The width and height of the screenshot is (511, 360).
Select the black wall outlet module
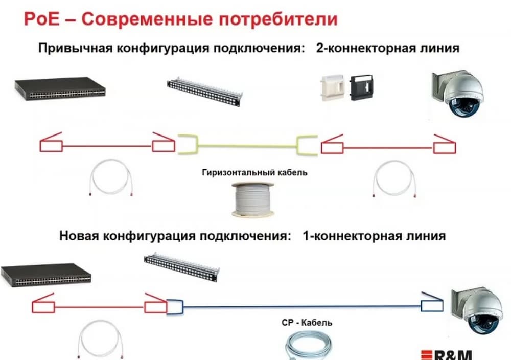(x=361, y=87)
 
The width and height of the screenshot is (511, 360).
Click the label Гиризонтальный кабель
(x=254, y=172)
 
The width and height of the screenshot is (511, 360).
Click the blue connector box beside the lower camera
(x=428, y=306)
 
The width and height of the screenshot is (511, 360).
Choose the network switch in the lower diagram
(x=46, y=275)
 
